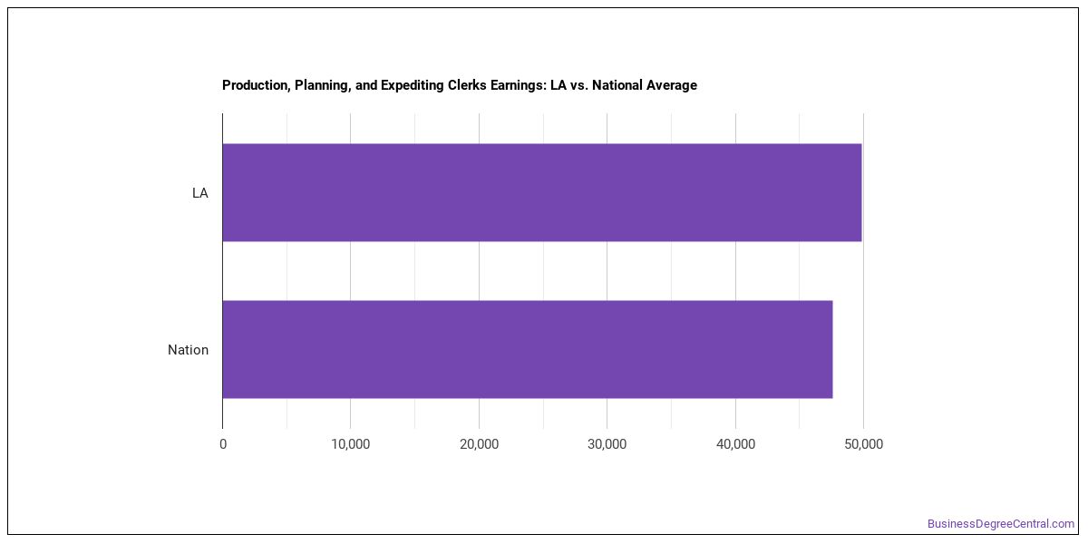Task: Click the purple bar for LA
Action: (x=542, y=192)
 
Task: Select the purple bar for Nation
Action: (x=528, y=349)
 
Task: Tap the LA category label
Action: (x=200, y=193)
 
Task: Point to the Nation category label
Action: (x=188, y=350)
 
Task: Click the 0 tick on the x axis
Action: (x=223, y=444)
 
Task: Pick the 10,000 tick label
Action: (x=351, y=444)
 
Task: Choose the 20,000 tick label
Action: (x=480, y=444)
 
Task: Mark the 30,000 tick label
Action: (x=607, y=444)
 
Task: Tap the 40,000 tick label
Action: (x=736, y=444)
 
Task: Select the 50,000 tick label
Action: (x=863, y=444)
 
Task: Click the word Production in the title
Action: (x=256, y=85)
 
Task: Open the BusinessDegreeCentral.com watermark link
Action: (x=1001, y=524)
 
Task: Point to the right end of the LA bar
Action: (x=861, y=192)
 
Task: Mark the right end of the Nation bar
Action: (x=832, y=349)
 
